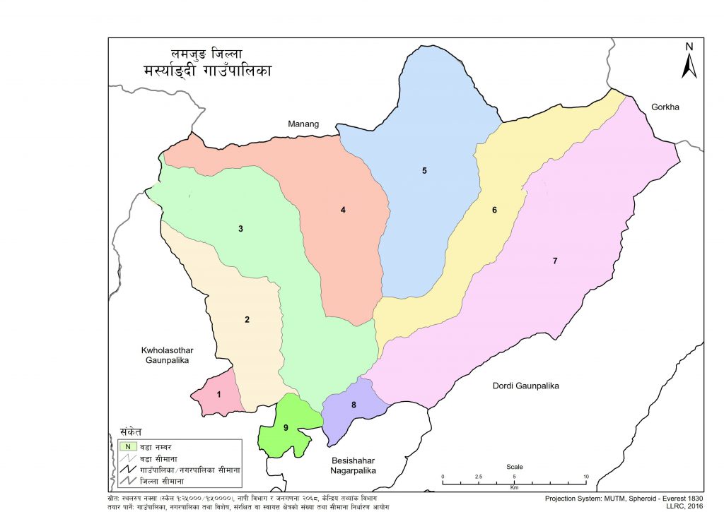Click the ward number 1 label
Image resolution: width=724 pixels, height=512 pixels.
pos(219,394)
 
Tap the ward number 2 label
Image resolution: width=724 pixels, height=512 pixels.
pos(247,320)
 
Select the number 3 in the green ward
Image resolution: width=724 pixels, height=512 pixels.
pos(241,229)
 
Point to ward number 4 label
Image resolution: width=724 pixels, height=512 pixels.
pos(342,210)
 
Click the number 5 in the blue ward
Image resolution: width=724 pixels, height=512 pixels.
pos(424,171)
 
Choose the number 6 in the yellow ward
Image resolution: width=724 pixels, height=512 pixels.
pos(494,210)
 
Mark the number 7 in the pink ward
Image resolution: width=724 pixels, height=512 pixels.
pos(555,261)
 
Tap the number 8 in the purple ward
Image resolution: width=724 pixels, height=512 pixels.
pos(354,405)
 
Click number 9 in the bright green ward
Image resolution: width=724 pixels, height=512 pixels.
pos(286,427)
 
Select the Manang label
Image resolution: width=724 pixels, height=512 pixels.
pos(303,124)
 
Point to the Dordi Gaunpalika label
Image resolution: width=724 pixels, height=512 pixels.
pos(525,386)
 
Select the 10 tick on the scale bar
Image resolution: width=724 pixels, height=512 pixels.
pos(586,477)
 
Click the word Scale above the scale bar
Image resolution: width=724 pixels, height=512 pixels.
pos(514,467)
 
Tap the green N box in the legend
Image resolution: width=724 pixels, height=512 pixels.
pos(127,446)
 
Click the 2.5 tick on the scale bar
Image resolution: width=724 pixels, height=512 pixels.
pos(479,477)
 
